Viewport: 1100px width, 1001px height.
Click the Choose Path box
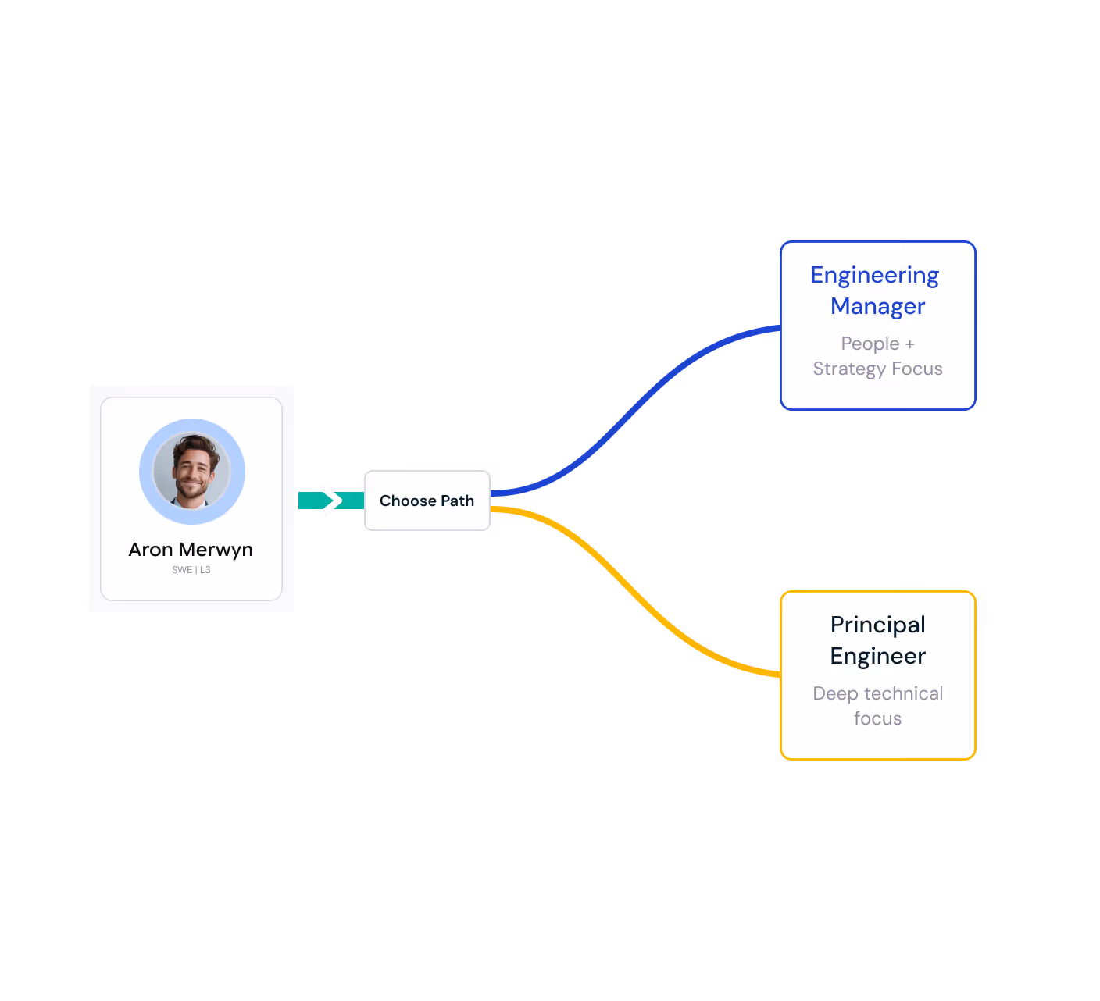pos(427,500)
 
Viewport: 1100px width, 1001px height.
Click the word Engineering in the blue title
pos(874,276)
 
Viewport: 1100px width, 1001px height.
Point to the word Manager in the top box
pos(877,306)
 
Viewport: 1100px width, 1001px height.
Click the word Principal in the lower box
pos(877,625)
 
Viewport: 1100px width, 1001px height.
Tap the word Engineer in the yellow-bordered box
pos(877,656)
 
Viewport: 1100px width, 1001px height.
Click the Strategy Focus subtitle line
pos(877,369)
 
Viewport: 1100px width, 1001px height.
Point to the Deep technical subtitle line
pos(877,693)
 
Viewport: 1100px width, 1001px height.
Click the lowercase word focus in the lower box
pos(877,718)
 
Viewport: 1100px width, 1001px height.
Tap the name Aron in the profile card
pos(151,550)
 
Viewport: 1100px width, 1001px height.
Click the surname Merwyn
pos(216,550)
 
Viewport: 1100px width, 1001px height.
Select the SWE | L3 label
pos(191,570)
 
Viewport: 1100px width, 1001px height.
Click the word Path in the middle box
pos(457,500)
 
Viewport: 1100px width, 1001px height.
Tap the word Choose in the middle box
pos(407,500)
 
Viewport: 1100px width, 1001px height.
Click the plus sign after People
pos(909,344)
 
